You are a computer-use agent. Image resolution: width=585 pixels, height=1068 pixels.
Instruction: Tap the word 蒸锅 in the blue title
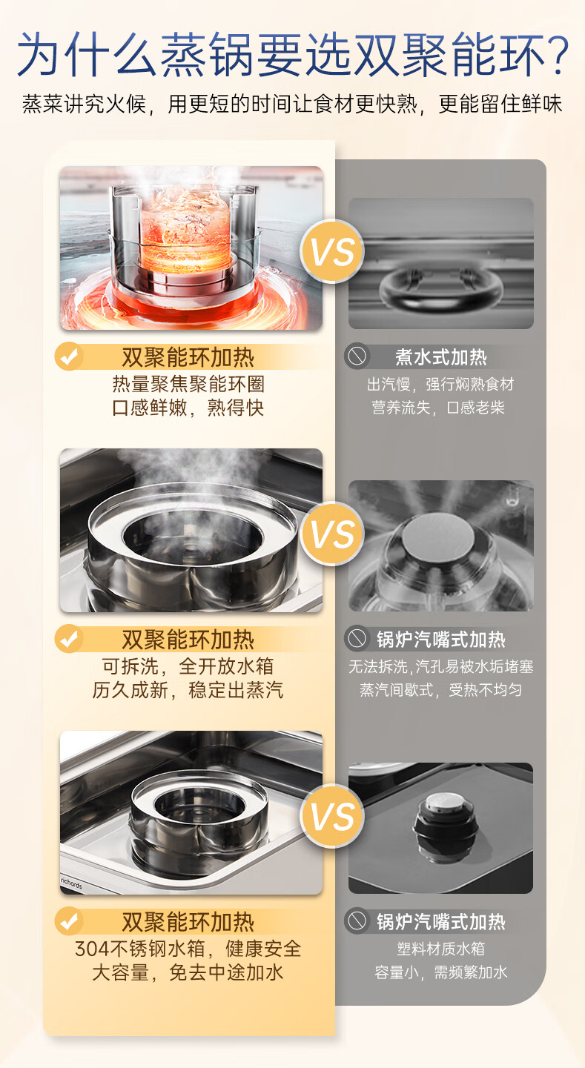206,54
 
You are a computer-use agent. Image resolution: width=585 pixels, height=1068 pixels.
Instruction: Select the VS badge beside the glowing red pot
332,251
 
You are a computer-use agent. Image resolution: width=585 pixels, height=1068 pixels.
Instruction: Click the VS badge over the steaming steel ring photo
332,534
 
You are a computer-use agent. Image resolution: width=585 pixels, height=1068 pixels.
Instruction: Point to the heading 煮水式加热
441,356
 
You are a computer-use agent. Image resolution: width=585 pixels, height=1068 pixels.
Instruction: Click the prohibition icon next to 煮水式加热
357,356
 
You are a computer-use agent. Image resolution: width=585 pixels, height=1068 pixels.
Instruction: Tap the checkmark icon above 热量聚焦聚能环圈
69,356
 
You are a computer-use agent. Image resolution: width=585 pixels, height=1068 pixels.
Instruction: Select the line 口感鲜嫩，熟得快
188,408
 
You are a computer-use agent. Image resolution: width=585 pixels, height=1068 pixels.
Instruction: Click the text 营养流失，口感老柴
438,408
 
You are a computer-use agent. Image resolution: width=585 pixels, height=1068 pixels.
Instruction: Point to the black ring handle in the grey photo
441,288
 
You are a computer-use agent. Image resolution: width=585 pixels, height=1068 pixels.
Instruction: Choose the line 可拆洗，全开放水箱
188,666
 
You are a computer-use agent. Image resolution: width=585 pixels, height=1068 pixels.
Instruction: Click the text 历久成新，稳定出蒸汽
188,690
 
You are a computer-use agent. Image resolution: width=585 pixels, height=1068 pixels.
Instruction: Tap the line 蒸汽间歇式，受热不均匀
441,690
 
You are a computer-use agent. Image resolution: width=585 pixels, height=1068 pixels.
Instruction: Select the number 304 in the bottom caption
92,949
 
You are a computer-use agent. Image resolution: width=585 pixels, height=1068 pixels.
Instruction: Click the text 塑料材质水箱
441,949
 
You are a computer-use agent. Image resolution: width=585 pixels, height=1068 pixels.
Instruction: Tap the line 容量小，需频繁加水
441,972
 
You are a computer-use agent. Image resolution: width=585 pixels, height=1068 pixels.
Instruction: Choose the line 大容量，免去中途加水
188,972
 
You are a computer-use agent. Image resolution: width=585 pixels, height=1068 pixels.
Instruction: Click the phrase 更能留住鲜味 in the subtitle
500,104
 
